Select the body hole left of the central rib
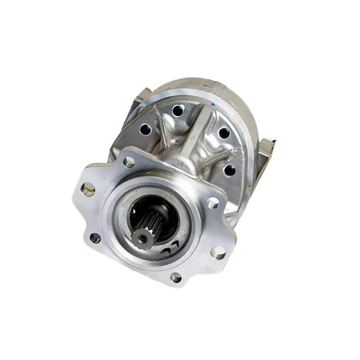(145, 128)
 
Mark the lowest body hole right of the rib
(230, 169)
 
